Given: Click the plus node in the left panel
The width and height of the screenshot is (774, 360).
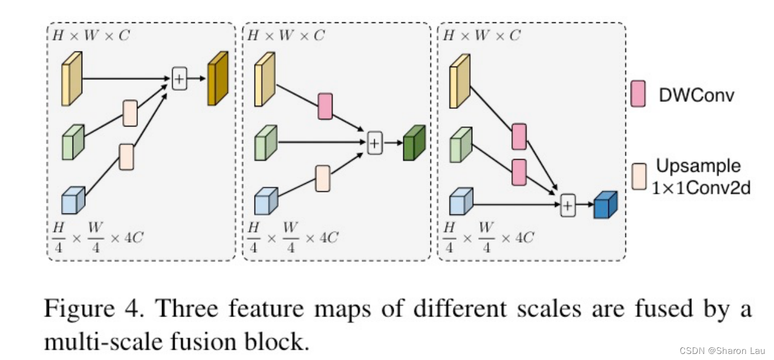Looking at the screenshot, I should pos(179,79).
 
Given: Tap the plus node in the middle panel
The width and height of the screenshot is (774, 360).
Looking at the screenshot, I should pos(375,142).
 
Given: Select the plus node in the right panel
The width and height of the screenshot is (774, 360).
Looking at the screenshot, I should pos(567,206).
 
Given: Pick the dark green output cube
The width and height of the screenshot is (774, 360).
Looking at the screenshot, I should pos(414,143).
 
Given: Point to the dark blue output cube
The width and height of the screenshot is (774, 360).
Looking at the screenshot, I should pos(605,205).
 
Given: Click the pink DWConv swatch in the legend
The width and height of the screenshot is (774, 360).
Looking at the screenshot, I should pos(637,94).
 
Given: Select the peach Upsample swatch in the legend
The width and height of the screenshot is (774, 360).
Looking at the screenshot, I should pos(637,176).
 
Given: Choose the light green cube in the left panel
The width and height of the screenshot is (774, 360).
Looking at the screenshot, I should pos(73,142).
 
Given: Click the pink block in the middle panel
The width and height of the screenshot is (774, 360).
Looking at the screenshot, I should pos(325,106).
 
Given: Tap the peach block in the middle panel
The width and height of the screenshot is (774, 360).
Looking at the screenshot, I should pos(323,178).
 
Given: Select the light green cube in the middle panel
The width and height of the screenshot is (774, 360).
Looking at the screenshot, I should pos(265,143).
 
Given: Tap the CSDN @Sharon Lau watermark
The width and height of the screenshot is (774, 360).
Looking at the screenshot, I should pos(723,351).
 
